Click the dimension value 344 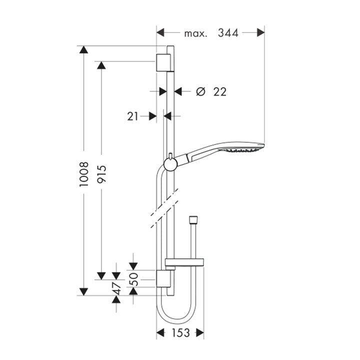point(228,33)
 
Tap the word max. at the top point(195,34)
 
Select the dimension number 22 point(220,92)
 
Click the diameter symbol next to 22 point(200,91)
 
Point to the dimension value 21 point(132,116)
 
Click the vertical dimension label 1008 point(84,174)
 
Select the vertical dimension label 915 point(101,174)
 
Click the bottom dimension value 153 point(181,332)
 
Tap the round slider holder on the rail point(170,164)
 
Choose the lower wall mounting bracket point(163,278)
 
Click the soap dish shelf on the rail point(184,261)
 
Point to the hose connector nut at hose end point(192,219)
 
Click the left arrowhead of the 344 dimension point(160,32)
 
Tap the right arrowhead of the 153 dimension point(199,332)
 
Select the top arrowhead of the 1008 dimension point(83,49)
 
